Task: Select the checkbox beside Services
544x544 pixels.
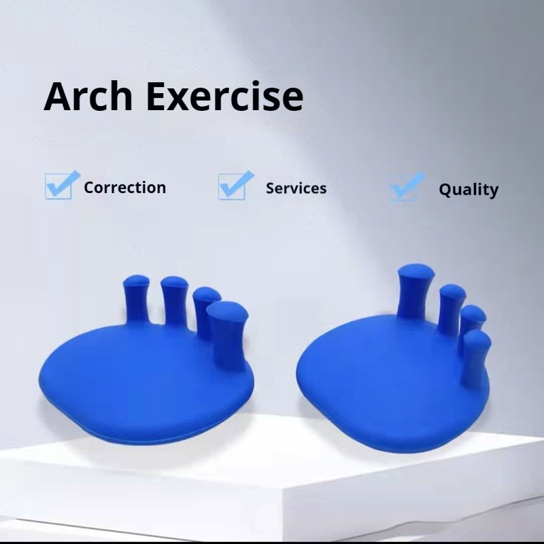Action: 235,185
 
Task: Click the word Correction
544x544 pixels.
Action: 125,188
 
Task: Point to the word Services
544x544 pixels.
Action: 296,188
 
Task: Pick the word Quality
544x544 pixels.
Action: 469,190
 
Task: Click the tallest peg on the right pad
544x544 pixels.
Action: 415,291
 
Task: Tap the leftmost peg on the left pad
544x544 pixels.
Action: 137,299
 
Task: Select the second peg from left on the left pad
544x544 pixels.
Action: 174,301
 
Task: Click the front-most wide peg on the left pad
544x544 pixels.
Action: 227,333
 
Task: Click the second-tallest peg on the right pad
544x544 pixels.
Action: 452,309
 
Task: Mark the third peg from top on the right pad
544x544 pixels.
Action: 473,319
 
